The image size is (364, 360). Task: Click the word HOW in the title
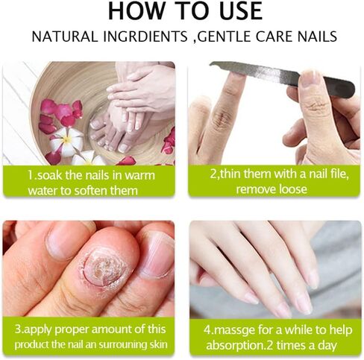click(136, 10)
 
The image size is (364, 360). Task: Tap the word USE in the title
click(241, 10)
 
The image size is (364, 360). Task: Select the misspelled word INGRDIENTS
click(145, 37)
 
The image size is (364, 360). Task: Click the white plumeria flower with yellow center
click(66, 141)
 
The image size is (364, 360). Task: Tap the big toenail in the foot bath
click(124, 148)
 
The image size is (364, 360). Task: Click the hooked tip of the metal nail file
click(213, 65)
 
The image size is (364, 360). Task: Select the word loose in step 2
click(292, 189)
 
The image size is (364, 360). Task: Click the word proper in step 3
click(72, 329)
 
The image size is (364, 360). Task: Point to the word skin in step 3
click(158, 344)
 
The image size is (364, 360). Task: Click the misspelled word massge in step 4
click(234, 331)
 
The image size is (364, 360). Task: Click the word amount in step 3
click(111, 329)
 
